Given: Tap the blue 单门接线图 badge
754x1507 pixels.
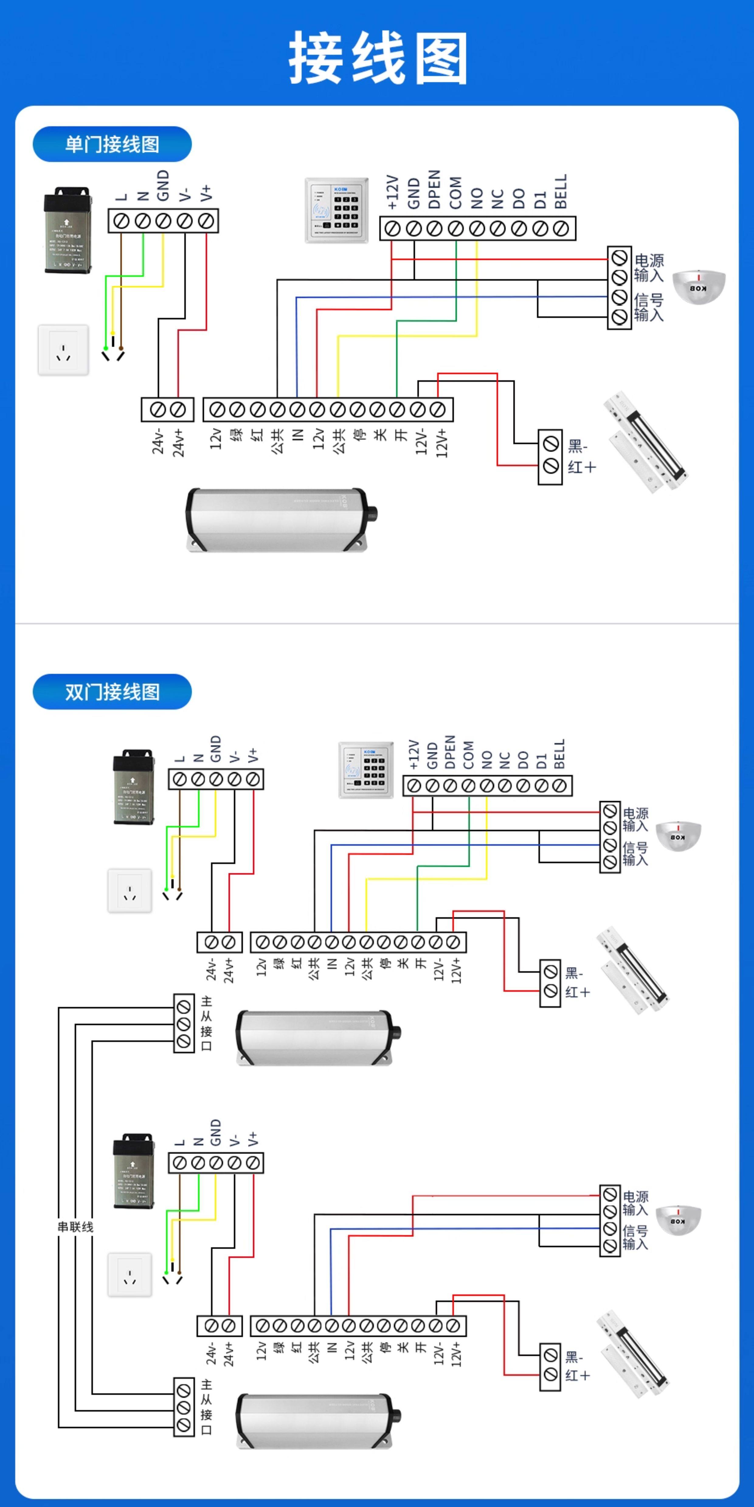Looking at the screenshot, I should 112,144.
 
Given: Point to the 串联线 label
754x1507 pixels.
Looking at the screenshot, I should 75,1227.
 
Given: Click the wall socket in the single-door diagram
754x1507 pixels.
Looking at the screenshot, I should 63,350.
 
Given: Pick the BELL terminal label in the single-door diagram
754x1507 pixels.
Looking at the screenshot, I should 561,191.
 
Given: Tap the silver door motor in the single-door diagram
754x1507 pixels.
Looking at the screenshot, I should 281,520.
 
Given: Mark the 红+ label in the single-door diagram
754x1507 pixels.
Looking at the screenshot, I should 581,467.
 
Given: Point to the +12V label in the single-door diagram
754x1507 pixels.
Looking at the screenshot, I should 392,192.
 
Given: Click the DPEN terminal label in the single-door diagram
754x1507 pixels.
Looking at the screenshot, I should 434,190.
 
